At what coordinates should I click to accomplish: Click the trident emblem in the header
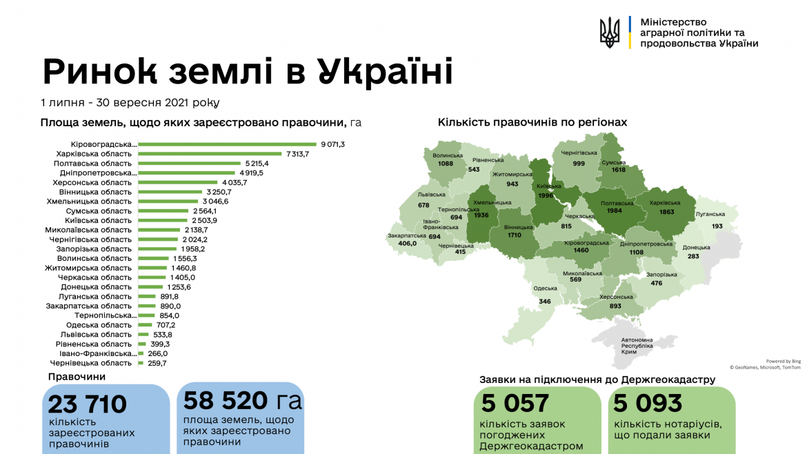pyautogui.click(x=610, y=32)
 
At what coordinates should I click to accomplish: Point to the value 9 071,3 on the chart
pyautogui.click(x=332, y=144)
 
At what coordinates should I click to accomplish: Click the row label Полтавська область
pyautogui.click(x=92, y=164)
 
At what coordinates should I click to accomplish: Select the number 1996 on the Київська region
pyautogui.click(x=546, y=195)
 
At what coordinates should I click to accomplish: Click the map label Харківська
pyautogui.click(x=666, y=203)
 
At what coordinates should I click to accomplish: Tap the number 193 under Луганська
pyautogui.click(x=717, y=226)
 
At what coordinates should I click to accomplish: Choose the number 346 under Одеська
pyautogui.click(x=545, y=302)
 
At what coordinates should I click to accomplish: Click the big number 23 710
pyautogui.click(x=88, y=404)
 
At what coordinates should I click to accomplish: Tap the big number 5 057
pyautogui.click(x=515, y=403)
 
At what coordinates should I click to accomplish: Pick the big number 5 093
pyautogui.click(x=648, y=403)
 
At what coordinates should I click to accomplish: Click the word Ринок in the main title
pyautogui.click(x=112, y=72)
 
